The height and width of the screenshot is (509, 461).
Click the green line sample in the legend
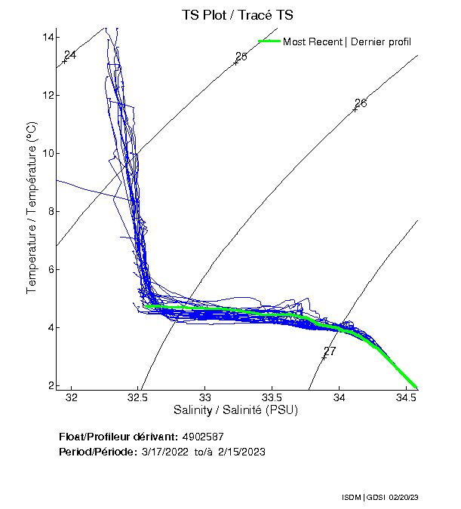click(x=269, y=41)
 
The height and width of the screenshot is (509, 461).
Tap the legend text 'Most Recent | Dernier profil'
click(x=347, y=41)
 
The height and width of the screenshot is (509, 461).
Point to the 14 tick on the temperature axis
click(x=47, y=37)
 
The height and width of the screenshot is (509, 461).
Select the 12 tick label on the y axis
click(x=47, y=95)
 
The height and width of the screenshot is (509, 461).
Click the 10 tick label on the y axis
click(x=47, y=153)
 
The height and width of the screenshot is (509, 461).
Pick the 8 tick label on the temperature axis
click(x=50, y=211)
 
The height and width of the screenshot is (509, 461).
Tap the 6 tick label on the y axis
click(x=50, y=269)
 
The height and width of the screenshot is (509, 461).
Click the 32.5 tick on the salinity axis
click(x=138, y=397)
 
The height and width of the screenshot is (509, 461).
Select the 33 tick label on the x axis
click(x=204, y=397)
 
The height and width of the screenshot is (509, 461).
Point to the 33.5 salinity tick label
click(x=272, y=397)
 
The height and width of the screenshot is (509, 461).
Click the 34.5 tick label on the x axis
click(x=406, y=397)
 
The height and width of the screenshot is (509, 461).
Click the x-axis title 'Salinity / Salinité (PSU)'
click(x=235, y=410)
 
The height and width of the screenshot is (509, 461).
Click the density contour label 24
click(x=70, y=55)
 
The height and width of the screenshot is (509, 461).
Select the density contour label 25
click(x=241, y=57)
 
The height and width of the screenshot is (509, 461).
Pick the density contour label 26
click(x=361, y=103)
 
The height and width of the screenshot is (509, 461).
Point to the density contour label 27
click(x=330, y=351)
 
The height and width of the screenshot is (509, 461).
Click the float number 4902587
click(x=203, y=437)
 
